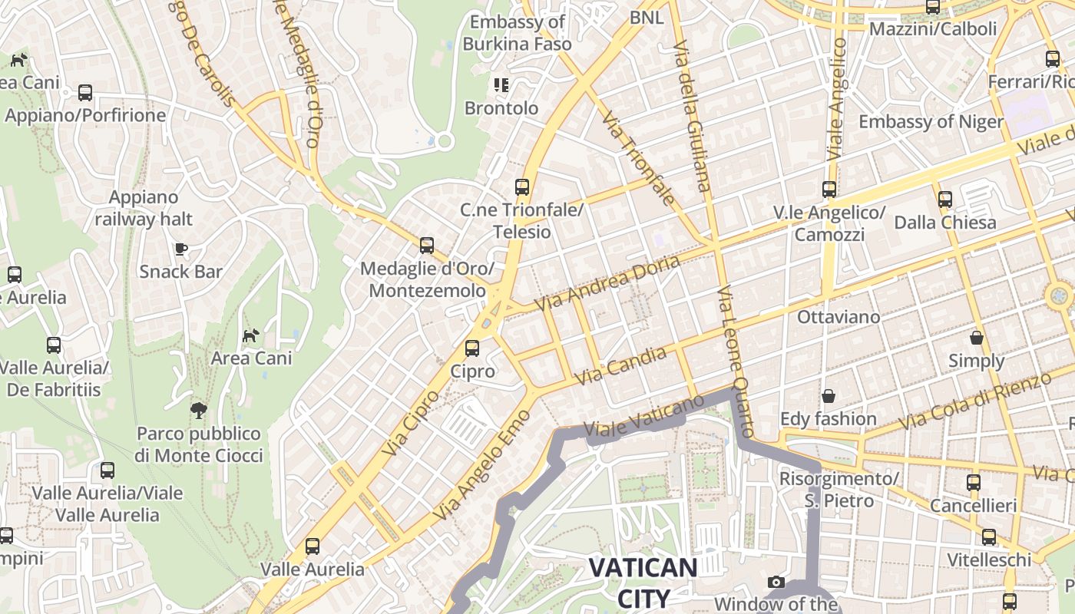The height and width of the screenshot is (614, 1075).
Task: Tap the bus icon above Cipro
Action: click(472, 348)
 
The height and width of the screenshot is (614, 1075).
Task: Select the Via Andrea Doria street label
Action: click(607, 283)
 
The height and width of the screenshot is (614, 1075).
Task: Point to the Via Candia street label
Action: click(620, 366)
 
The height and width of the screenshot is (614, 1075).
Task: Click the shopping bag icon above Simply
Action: click(977, 338)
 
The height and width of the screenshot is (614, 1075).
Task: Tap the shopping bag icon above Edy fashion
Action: click(829, 396)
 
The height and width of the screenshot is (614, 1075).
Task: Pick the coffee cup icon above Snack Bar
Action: click(180, 249)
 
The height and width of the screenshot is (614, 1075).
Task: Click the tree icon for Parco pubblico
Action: click(199, 411)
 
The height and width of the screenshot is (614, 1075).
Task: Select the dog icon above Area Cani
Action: click(251, 335)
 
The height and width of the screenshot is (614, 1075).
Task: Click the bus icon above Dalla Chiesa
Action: click(945, 199)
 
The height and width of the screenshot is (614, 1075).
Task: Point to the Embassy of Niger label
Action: click(931, 122)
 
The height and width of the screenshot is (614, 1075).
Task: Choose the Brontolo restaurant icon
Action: click(501, 85)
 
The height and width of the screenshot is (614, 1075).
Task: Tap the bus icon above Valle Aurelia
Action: click(313, 546)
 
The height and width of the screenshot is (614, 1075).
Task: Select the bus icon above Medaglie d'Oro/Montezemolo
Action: click(427, 246)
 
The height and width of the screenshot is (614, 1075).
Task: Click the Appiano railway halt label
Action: click(144, 209)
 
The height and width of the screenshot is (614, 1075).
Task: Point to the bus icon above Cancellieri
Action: click(974, 483)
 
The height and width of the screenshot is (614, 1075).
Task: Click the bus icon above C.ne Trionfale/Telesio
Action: click(522, 187)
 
